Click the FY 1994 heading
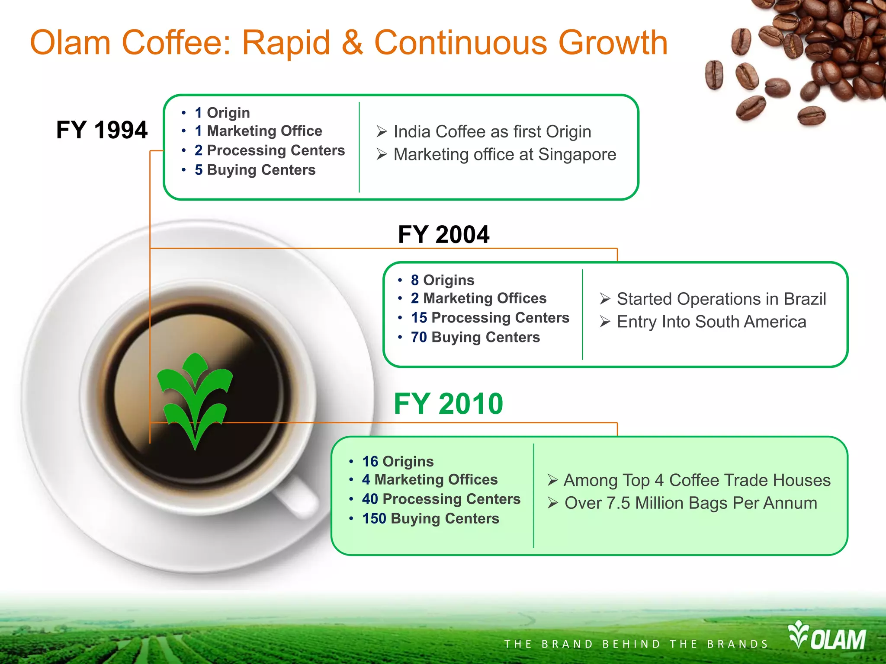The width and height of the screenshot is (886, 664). coord(102,130)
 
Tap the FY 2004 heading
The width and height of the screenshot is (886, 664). coord(443,235)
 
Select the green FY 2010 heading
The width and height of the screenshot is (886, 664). coord(448,404)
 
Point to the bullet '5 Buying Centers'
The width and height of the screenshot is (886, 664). coord(255,170)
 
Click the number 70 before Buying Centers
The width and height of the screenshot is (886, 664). coord(419,337)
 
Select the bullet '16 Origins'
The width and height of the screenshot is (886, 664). coord(398,461)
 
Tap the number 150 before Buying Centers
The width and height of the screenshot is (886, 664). coord(374,518)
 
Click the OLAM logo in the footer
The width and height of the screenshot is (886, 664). coord(827,636)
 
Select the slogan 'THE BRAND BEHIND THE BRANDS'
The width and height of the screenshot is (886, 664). coord(636,644)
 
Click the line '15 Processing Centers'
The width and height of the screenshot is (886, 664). coord(490,318)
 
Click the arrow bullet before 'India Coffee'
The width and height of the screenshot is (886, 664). coord(382,131)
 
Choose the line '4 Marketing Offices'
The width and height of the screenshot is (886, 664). coord(430,479)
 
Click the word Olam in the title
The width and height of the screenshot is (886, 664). coord(70,43)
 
